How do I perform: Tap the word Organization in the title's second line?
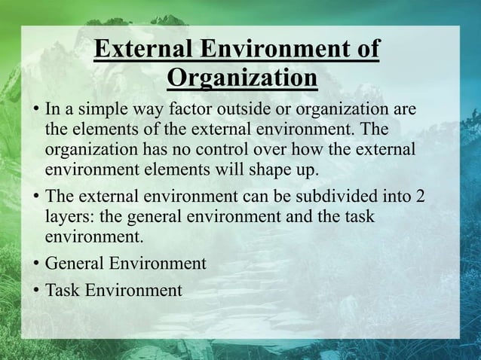241,78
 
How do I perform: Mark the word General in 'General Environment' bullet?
75,264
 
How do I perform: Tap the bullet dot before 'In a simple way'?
35,111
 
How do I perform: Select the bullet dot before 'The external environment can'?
35,197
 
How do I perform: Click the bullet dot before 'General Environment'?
35,264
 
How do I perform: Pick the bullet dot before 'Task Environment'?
35,291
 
